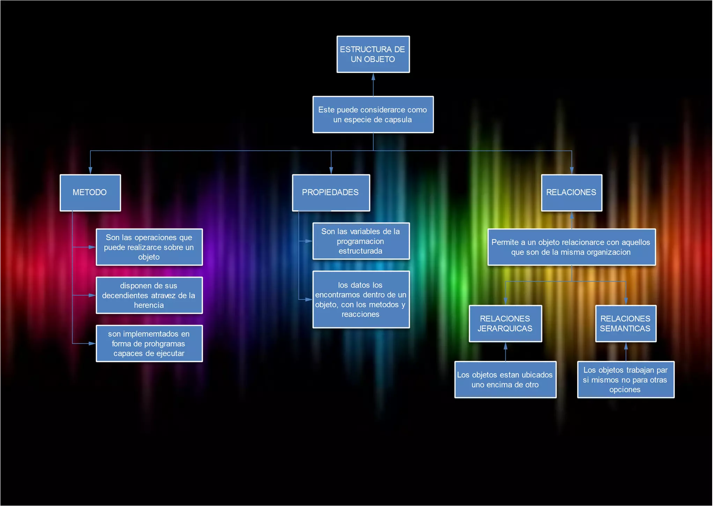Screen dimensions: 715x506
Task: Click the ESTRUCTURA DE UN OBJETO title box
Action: point(373,54)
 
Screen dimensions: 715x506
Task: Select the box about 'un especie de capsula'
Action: point(373,115)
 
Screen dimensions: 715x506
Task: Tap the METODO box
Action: point(90,193)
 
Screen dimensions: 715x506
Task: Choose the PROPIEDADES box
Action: point(331,193)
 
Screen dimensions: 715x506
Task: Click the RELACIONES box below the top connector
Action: point(572,193)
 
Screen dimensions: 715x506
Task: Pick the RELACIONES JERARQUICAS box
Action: point(505,324)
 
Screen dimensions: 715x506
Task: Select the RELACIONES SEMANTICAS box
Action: point(626,324)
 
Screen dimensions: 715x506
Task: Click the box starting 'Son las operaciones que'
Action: point(149,247)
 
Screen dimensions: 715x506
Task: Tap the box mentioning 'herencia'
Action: point(149,295)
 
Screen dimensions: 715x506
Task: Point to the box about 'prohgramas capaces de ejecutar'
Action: point(149,344)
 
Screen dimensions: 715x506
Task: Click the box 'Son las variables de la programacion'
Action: point(361,241)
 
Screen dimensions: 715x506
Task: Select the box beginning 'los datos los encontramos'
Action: point(361,299)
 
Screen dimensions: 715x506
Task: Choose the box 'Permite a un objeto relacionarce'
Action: point(571,247)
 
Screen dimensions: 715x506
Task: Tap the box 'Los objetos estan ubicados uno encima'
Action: point(505,379)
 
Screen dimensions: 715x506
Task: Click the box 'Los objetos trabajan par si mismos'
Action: point(626,379)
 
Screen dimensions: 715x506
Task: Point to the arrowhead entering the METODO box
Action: point(90,171)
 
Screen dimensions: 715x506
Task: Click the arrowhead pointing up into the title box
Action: point(373,77)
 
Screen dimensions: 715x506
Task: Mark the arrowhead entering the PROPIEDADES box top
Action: point(331,171)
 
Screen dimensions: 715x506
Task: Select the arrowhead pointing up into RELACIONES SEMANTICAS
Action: point(626,346)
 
